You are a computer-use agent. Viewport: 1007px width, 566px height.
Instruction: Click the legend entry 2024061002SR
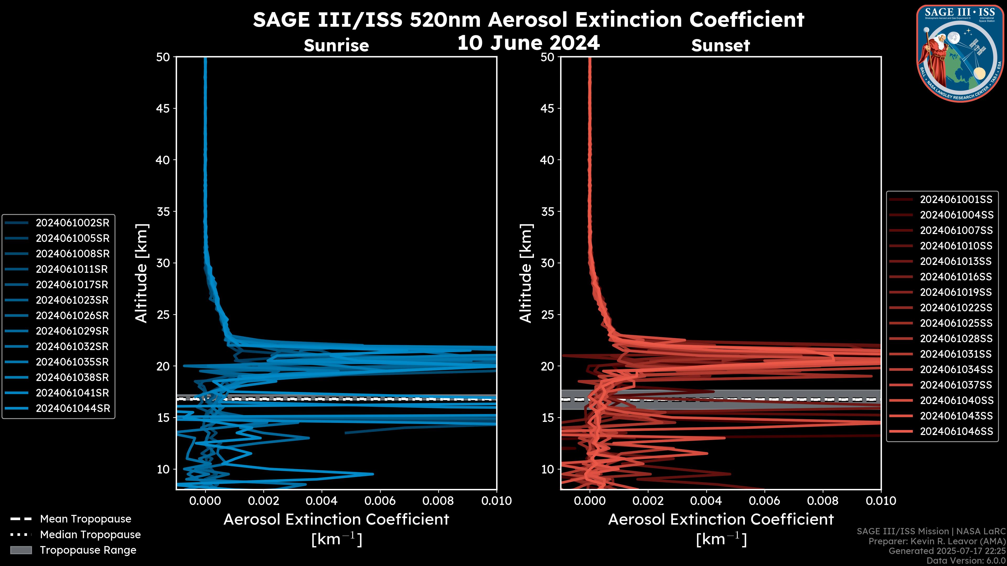pyautogui.click(x=72, y=223)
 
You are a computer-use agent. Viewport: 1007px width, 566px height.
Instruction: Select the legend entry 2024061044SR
pyautogui.click(x=72, y=409)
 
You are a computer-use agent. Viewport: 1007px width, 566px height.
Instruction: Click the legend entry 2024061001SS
pyautogui.click(x=956, y=200)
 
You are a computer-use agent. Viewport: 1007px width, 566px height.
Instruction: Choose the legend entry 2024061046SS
pyautogui.click(x=956, y=432)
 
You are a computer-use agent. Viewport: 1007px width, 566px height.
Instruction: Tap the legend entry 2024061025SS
pyautogui.click(x=956, y=323)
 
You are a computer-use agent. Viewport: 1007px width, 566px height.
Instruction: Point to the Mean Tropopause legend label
pyautogui.click(x=85, y=519)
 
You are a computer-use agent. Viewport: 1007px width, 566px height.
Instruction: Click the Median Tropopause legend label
pyautogui.click(x=90, y=535)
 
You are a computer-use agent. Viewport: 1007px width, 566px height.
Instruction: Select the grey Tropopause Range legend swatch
pyautogui.click(x=21, y=550)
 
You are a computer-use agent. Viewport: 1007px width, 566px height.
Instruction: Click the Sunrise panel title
pyautogui.click(x=336, y=46)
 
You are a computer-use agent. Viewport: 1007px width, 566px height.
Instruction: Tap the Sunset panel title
pyautogui.click(x=720, y=46)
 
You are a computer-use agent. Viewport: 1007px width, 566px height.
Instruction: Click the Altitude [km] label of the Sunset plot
pyautogui.click(x=526, y=273)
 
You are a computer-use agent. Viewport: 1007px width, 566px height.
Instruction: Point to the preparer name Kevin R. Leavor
pyautogui.click(x=949, y=541)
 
